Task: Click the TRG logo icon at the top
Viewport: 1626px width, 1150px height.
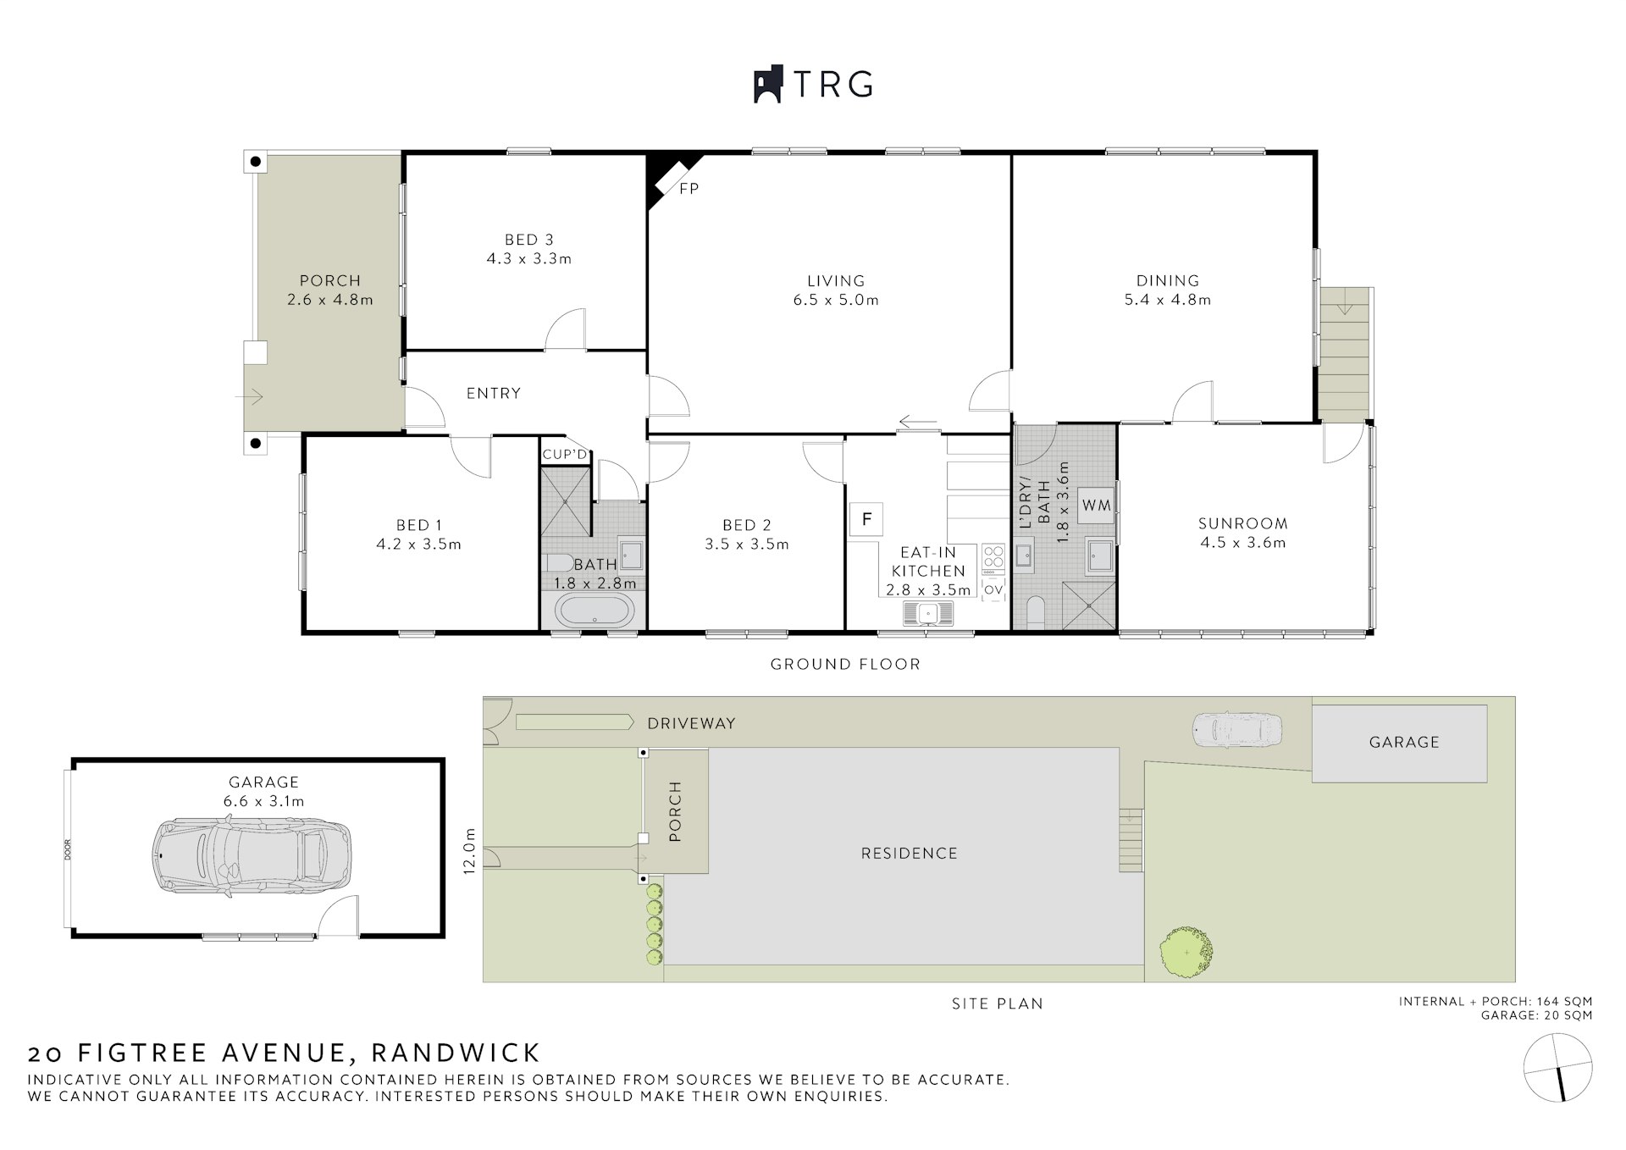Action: pyautogui.click(x=769, y=84)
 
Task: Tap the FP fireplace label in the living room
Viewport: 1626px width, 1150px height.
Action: pyautogui.click(x=689, y=189)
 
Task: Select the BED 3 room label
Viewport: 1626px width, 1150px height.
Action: pyautogui.click(x=529, y=240)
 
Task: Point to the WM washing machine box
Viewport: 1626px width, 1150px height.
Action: pyautogui.click(x=1096, y=506)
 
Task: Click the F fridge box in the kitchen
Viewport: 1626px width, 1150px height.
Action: pyautogui.click(x=866, y=518)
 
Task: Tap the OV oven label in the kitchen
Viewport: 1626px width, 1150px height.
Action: pyautogui.click(x=993, y=589)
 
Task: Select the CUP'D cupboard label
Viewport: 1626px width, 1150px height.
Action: pyautogui.click(x=565, y=455)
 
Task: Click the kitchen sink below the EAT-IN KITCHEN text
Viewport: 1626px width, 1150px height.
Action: pyautogui.click(x=928, y=612)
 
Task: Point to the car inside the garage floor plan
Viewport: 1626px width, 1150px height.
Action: pyautogui.click(x=251, y=856)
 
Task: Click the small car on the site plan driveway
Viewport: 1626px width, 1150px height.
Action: pyautogui.click(x=1237, y=729)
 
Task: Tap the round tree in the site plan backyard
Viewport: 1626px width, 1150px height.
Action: pyautogui.click(x=1186, y=953)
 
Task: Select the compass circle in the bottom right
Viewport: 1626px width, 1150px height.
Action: pyautogui.click(x=1557, y=1068)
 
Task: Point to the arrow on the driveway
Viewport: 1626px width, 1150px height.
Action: pyautogui.click(x=574, y=722)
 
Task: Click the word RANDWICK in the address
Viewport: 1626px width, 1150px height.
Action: pyautogui.click(x=456, y=1053)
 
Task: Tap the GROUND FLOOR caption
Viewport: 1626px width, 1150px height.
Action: pyautogui.click(x=845, y=664)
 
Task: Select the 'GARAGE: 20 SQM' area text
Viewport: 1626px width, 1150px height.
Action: pyautogui.click(x=1536, y=1015)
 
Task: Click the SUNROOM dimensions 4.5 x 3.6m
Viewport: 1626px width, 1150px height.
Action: pyautogui.click(x=1242, y=543)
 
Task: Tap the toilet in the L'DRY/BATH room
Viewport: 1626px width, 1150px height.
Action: pyautogui.click(x=1036, y=612)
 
